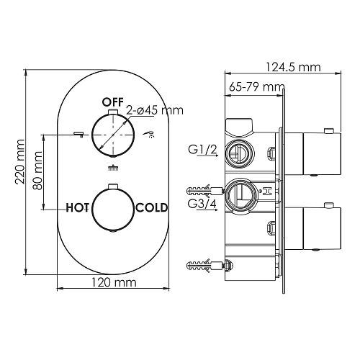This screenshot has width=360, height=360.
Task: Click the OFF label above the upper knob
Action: pyautogui.click(x=112, y=101)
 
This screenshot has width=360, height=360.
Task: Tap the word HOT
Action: pyautogui.click(x=77, y=207)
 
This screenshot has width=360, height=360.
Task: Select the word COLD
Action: pyautogui.click(x=152, y=207)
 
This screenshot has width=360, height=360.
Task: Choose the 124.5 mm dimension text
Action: pyautogui.click(x=294, y=67)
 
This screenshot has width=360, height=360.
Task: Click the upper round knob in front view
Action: pyautogui.click(x=113, y=134)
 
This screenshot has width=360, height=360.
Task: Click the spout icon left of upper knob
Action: pyautogui.click(x=78, y=132)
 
